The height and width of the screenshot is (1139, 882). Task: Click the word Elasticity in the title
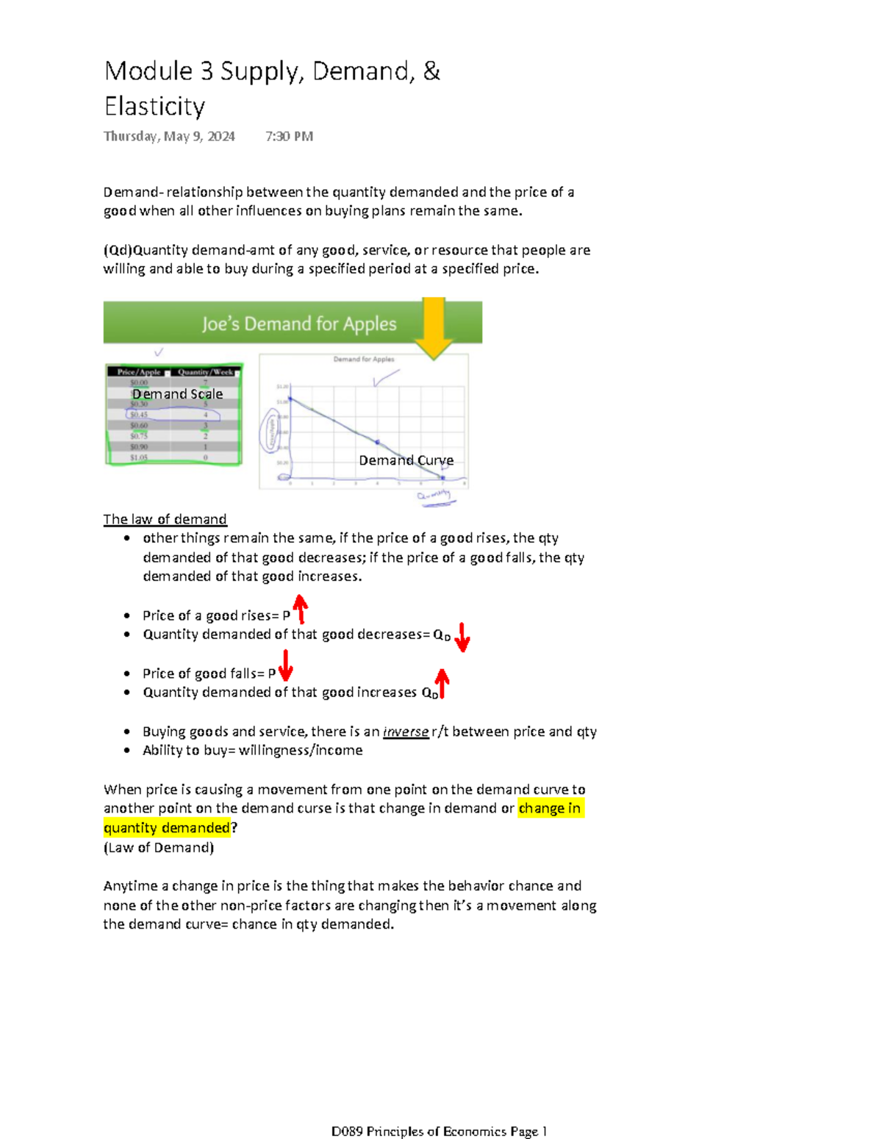154,107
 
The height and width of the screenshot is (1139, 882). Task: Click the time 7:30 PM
289,136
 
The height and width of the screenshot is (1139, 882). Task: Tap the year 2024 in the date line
220,136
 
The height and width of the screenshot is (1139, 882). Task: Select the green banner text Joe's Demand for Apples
299,324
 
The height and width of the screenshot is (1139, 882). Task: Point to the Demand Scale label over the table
177,394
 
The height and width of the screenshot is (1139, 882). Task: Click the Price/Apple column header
139,372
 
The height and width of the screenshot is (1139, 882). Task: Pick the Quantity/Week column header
205,372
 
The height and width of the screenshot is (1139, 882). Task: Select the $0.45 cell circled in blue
139,415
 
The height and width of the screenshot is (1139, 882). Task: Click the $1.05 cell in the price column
139,457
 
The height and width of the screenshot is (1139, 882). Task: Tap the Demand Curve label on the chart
406,460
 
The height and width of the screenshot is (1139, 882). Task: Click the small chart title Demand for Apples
364,360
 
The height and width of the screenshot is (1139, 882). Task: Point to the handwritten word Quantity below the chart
434,496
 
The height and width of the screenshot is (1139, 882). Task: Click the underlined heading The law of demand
165,519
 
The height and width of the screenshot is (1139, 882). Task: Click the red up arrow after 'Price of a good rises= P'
300,609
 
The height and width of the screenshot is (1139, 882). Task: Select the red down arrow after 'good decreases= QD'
462,637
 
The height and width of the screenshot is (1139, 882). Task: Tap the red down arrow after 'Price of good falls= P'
285,664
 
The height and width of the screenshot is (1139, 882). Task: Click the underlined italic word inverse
406,732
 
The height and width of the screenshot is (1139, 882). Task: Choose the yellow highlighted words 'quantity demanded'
167,828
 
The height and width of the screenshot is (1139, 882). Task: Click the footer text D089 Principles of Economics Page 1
439,1131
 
